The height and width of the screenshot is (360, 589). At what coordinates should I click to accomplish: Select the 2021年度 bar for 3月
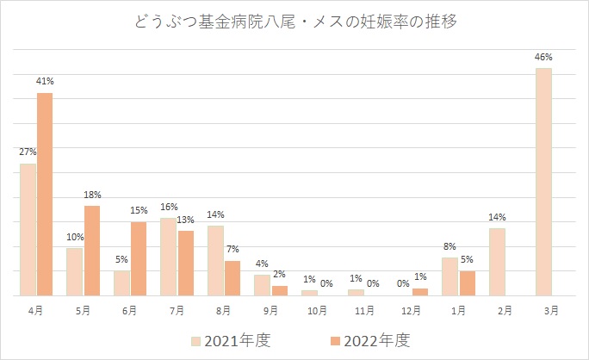click(x=542, y=182)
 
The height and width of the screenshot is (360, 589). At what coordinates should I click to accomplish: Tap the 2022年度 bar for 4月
click(x=45, y=194)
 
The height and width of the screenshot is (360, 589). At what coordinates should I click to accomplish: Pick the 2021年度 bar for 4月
click(x=28, y=229)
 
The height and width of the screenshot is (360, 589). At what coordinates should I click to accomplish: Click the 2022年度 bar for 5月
click(x=91, y=251)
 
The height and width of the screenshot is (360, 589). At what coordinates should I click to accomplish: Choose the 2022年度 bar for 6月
click(x=139, y=258)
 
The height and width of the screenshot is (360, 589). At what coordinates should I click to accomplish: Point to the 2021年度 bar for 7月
click(x=169, y=257)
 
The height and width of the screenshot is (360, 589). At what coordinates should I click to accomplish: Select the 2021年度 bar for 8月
click(x=215, y=260)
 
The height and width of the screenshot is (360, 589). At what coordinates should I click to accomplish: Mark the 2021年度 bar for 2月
click(x=497, y=262)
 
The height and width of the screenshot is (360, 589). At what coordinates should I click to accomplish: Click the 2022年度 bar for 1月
click(x=467, y=282)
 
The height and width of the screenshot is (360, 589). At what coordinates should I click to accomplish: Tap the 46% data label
click(x=542, y=57)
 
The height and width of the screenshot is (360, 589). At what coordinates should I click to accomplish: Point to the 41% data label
click(x=46, y=82)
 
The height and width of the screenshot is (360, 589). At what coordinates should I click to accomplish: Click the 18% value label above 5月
click(x=92, y=195)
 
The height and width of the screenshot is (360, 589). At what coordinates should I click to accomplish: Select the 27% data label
click(x=28, y=152)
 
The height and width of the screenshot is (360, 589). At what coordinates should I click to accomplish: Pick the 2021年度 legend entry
click(x=229, y=340)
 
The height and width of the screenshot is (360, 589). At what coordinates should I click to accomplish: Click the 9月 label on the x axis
click(x=271, y=308)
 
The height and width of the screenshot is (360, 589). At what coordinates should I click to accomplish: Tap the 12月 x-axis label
click(x=412, y=308)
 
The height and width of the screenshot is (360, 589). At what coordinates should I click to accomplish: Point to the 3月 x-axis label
click(x=552, y=308)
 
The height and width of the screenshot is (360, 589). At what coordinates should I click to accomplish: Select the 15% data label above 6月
click(x=139, y=211)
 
